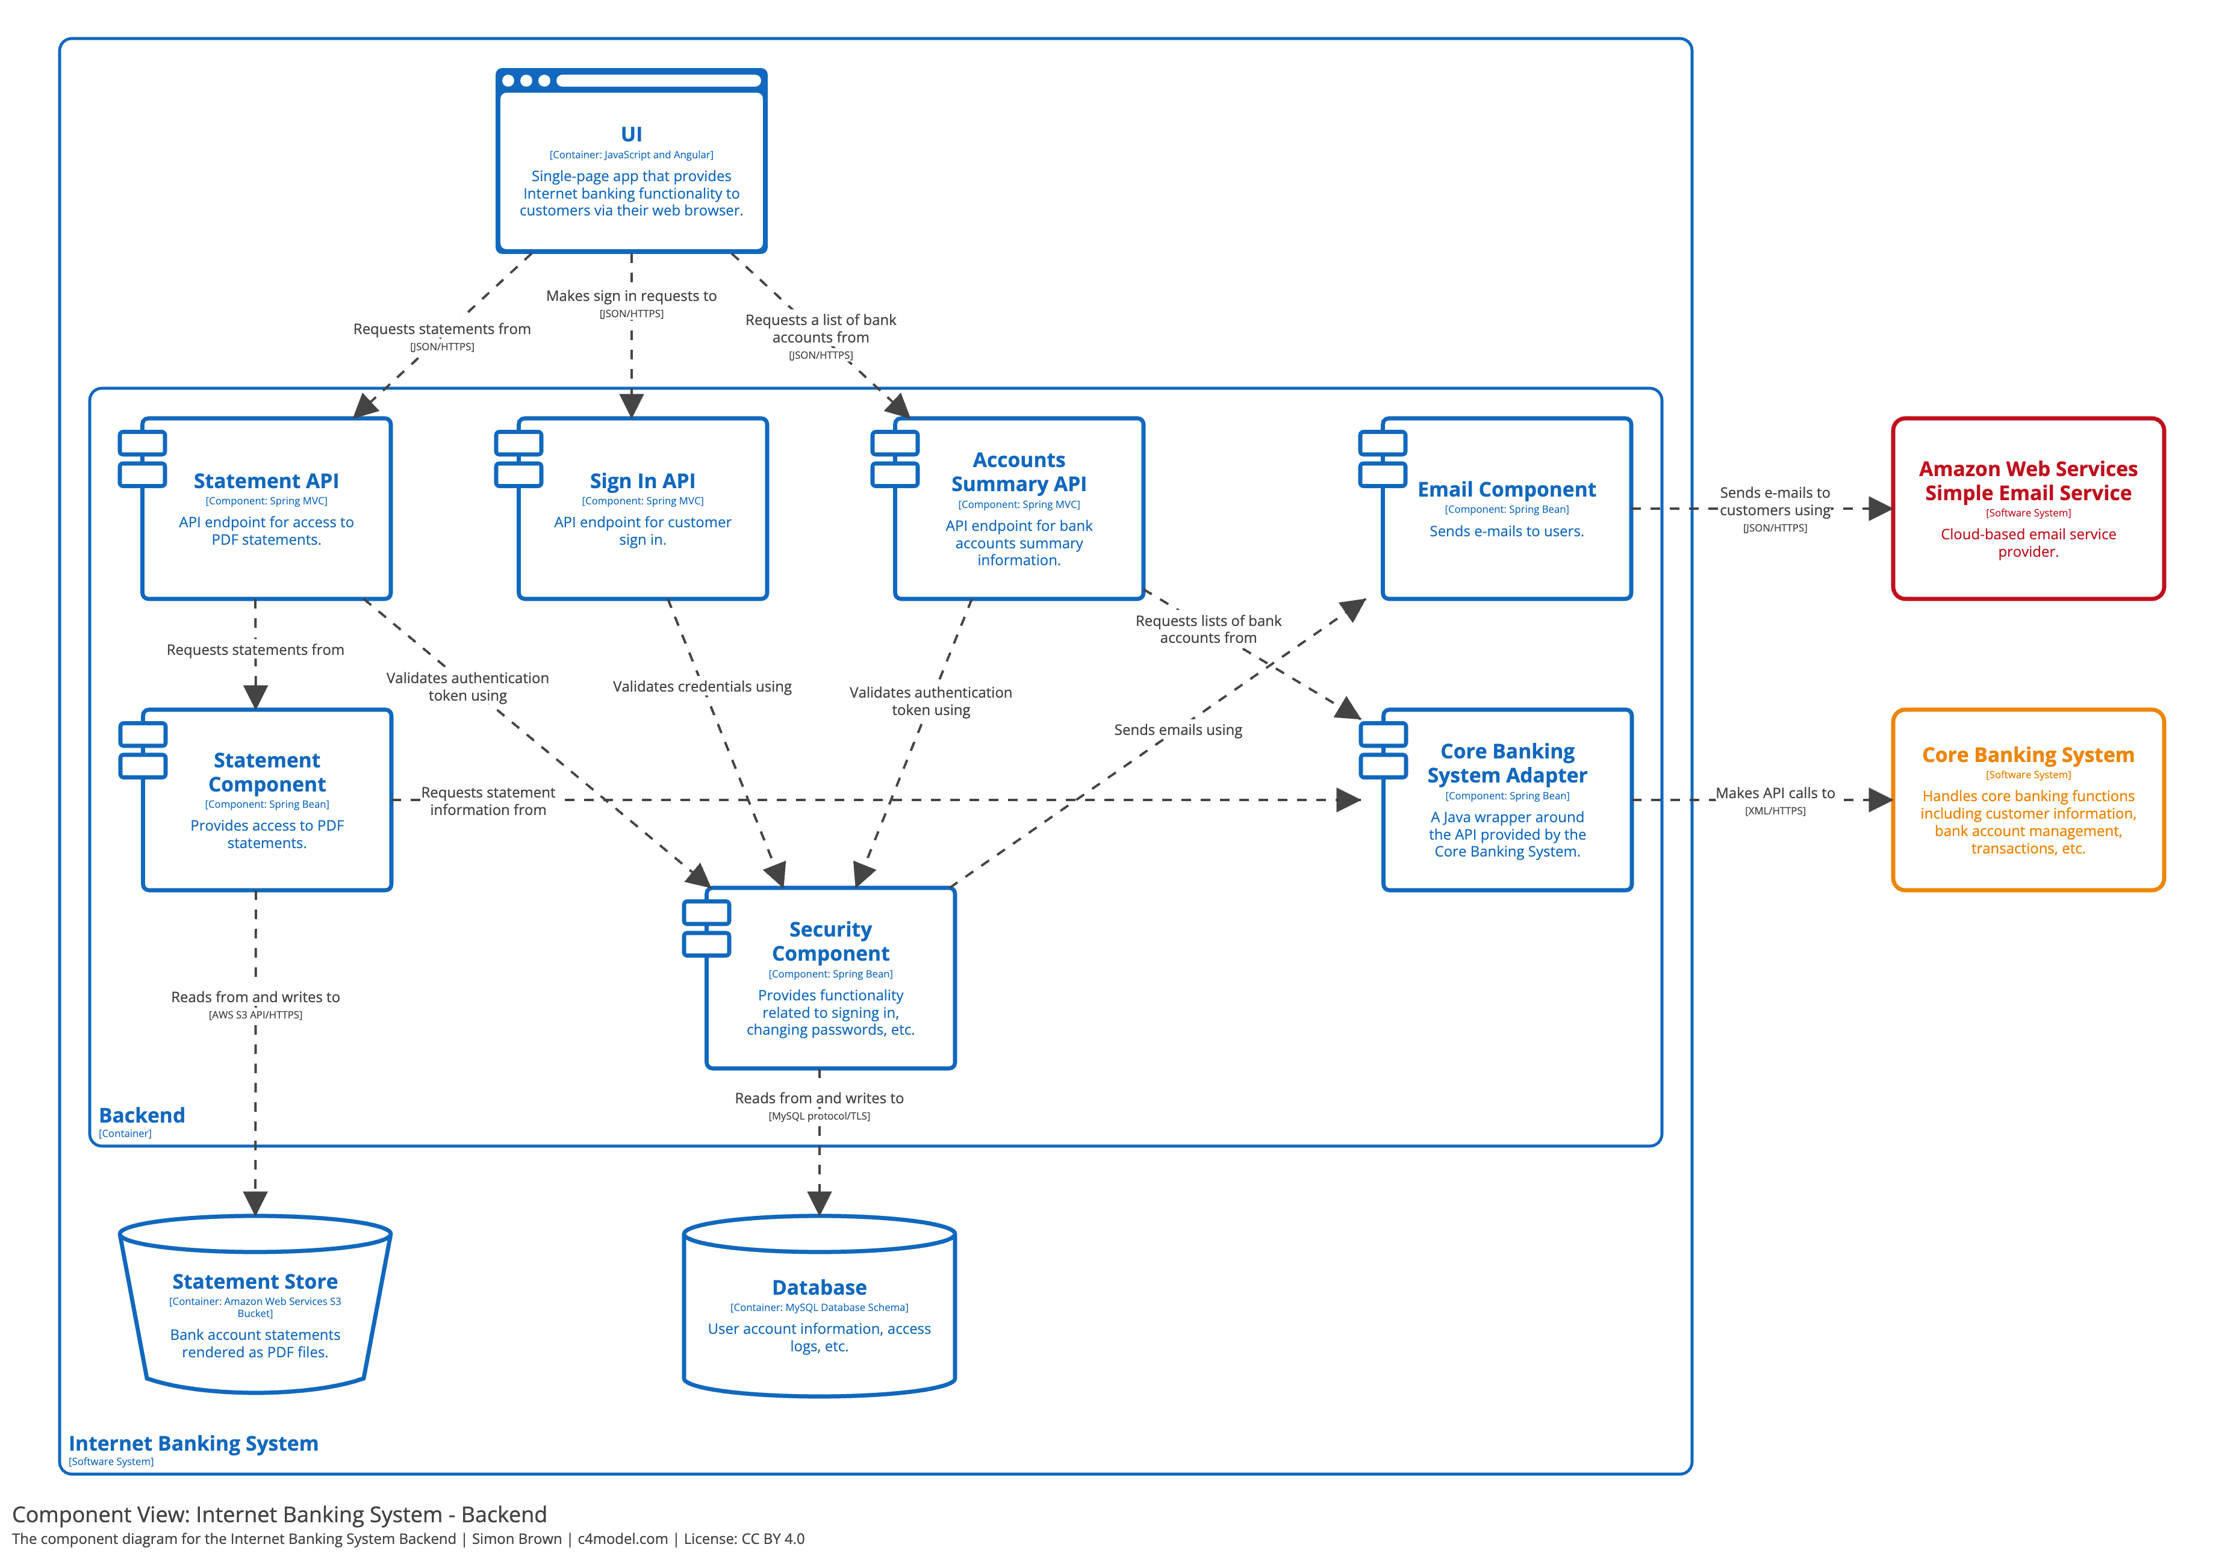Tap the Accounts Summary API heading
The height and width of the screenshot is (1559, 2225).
pos(1018,472)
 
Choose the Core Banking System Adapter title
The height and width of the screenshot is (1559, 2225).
pos(1506,763)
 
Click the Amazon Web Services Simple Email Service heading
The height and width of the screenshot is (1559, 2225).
pos(2027,480)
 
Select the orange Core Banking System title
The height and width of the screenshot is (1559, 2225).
pos(2027,755)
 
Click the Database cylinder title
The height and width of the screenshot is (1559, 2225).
pos(819,1287)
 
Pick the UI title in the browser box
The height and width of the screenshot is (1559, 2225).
pos(631,135)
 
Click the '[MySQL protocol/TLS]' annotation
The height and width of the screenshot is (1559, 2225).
pos(819,1116)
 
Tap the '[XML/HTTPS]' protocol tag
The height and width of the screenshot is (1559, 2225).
pos(1775,811)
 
